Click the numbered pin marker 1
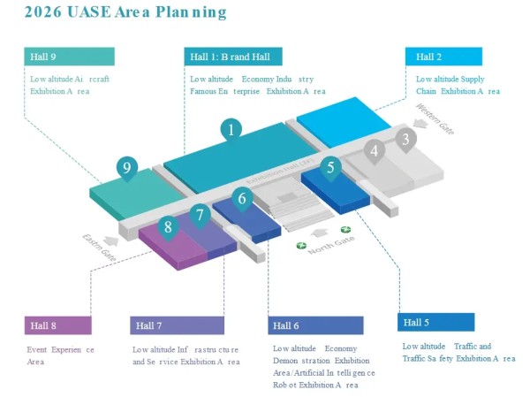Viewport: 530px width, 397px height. coord(231,129)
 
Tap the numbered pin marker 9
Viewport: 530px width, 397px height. coord(127,166)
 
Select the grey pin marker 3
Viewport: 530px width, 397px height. coord(405,139)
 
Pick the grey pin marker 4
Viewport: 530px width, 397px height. coord(375,151)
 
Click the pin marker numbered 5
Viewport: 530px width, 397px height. coord(330,166)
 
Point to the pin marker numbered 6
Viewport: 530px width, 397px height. coord(242,199)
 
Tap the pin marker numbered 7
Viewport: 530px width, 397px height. coord(201,214)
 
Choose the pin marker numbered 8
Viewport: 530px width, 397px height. coord(168,226)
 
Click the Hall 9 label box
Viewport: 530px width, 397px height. coord(69,57)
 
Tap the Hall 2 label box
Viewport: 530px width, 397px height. coord(444,57)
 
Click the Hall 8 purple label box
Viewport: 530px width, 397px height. coord(57,325)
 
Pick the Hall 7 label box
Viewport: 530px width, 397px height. coord(177,325)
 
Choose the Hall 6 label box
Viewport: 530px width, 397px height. coord(314,325)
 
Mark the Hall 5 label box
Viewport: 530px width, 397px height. coord(435,322)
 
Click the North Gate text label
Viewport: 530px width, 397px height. coord(331,245)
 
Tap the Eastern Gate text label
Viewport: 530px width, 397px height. coord(99,247)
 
